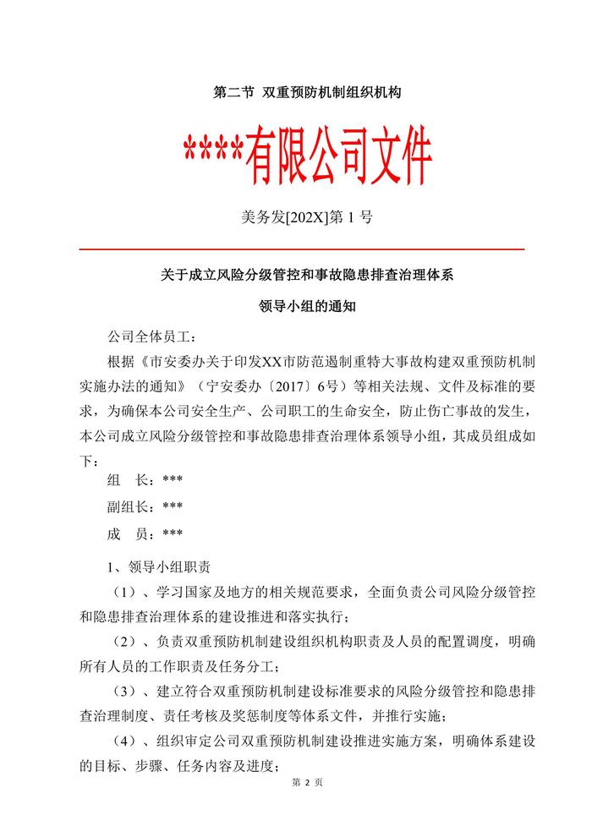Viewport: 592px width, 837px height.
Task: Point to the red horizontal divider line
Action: point(302,249)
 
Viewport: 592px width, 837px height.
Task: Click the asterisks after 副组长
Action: point(173,506)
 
